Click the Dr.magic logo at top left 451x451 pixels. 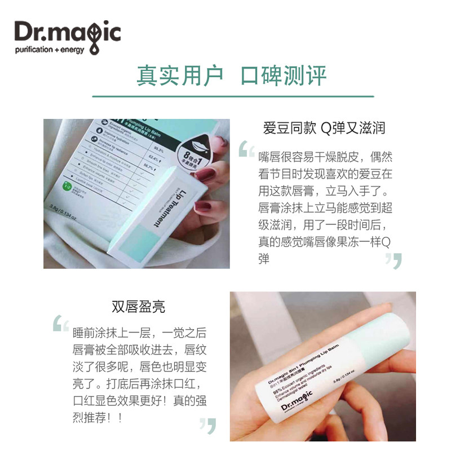point(67,32)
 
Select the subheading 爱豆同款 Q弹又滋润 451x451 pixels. point(324,128)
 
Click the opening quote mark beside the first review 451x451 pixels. point(246,150)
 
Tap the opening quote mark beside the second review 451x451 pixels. point(60,324)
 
